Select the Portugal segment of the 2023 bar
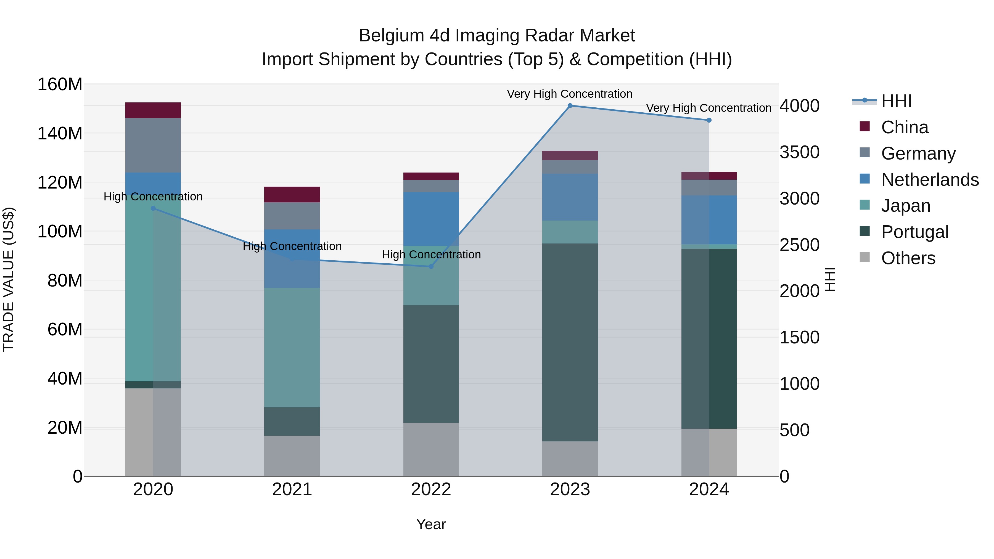pyautogui.click(x=570, y=342)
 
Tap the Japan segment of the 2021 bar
pyautogui.click(x=292, y=347)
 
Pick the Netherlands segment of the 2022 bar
pyautogui.click(x=431, y=219)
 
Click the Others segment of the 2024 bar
pyautogui.click(x=709, y=452)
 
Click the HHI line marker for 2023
pyautogui.click(x=570, y=106)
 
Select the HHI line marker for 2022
pyautogui.click(x=431, y=267)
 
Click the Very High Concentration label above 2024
pyautogui.click(x=709, y=108)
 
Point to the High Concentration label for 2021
pyautogui.click(x=292, y=246)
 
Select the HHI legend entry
pyautogui.click(x=896, y=101)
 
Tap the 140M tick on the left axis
pyautogui.click(x=60, y=134)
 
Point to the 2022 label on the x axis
pyautogui.click(x=431, y=489)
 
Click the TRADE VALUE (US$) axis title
pyautogui.click(x=9, y=279)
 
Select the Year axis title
pyautogui.click(x=431, y=524)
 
